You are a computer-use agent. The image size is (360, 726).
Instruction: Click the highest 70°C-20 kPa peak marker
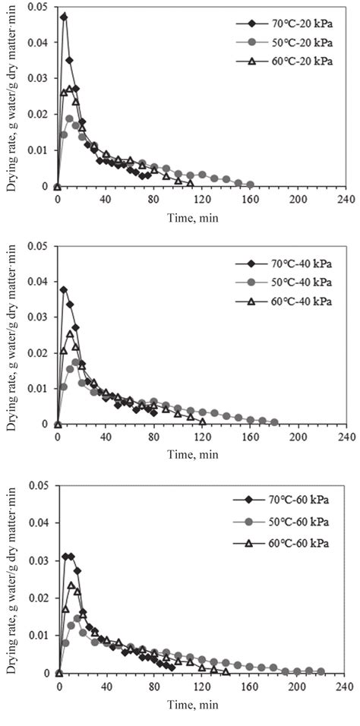point(64,16)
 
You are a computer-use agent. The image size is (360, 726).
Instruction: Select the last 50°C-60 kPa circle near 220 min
point(321,671)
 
